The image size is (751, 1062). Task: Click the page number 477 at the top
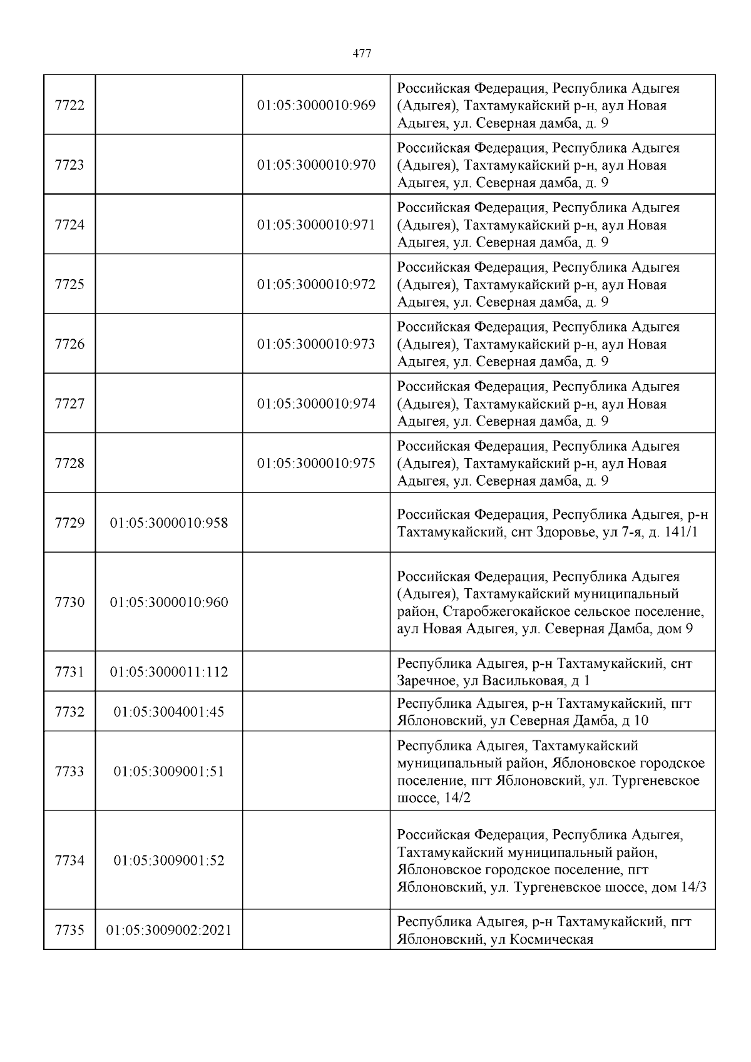click(x=362, y=54)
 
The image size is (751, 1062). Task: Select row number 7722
click(x=69, y=105)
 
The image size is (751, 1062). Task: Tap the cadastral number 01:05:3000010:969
click(x=316, y=105)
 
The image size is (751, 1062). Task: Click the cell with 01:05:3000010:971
click(x=316, y=225)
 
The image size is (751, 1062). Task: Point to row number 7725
click(x=69, y=284)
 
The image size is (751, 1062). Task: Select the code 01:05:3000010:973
click(x=316, y=344)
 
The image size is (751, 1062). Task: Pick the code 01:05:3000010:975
click(x=316, y=464)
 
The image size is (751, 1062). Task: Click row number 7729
click(x=69, y=523)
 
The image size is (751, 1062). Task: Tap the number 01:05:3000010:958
click(x=169, y=523)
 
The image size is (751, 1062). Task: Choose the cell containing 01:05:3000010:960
click(x=169, y=603)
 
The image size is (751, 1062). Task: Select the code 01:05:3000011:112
click(x=169, y=672)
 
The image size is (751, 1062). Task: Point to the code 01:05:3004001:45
click(x=169, y=712)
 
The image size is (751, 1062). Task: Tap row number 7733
click(x=69, y=772)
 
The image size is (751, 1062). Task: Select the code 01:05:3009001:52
click(x=169, y=861)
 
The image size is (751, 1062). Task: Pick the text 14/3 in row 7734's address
click(x=692, y=887)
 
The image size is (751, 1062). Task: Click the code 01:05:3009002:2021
click(x=169, y=931)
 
